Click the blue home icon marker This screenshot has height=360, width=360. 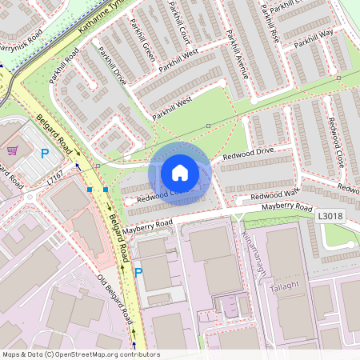(180, 173)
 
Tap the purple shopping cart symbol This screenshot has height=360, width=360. (13, 150)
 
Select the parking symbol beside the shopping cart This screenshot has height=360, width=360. (45, 152)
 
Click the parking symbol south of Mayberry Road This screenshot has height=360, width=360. (139, 273)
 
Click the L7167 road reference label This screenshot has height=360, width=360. (54, 182)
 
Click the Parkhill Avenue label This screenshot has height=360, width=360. (238, 54)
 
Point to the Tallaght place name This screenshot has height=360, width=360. (284, 286)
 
